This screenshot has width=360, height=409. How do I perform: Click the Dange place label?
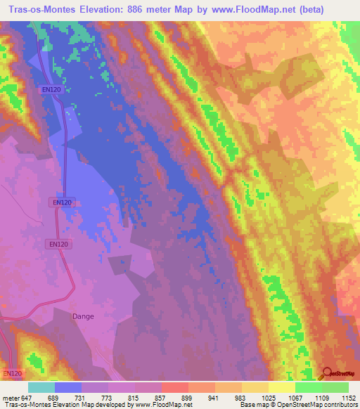(x=83, y=316)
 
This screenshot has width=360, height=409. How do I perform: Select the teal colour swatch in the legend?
(x=41, y=387)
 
